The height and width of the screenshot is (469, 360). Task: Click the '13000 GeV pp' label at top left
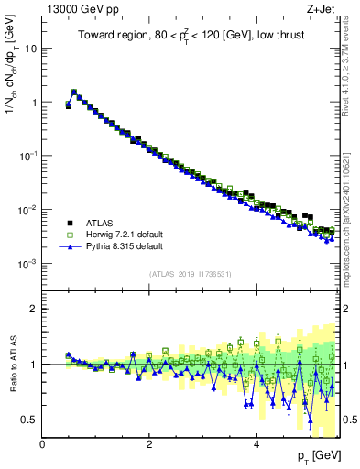pyautogui.click(x=77, y=9)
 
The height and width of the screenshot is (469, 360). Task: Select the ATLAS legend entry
pyautogui.click(x=100, y=223)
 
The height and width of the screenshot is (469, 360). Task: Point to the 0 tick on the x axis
pyautogui.click(x=43, y=444)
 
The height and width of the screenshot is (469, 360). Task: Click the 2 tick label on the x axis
pyautogui.click(x=149, y=444)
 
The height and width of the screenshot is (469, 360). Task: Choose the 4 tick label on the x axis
pyautogui.click(x=256, y=444)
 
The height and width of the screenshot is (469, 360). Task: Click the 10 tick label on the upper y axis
pyautogui.click(x=29, y=48)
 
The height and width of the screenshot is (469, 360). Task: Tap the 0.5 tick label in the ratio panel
pyautogui.click(x=28, y=420)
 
